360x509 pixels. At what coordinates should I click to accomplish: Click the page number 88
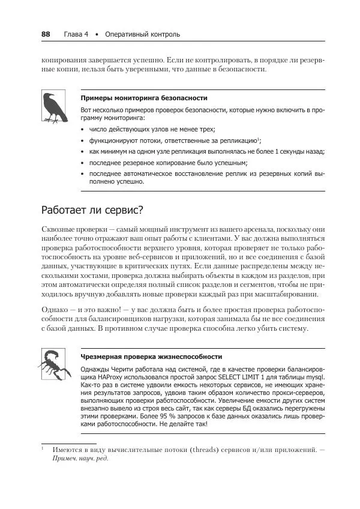click(46, 34)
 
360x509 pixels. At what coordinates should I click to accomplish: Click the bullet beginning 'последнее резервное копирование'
click(168, 163)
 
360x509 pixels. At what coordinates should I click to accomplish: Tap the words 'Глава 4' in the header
click(76, 34)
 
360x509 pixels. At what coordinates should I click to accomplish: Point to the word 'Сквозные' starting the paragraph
click(59, 230)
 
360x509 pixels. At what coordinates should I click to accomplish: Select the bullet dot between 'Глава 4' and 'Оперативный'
click(97, 34)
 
